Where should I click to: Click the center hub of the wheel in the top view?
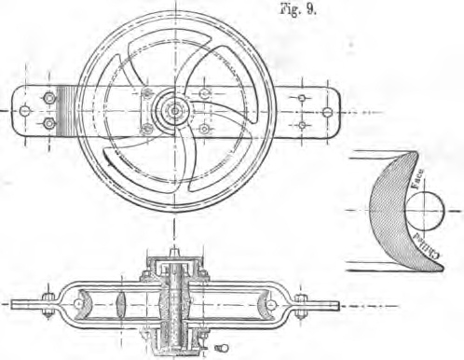174,109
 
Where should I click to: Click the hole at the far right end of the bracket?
326,110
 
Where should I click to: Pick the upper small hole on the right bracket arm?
301,96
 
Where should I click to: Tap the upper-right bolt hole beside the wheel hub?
204,92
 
